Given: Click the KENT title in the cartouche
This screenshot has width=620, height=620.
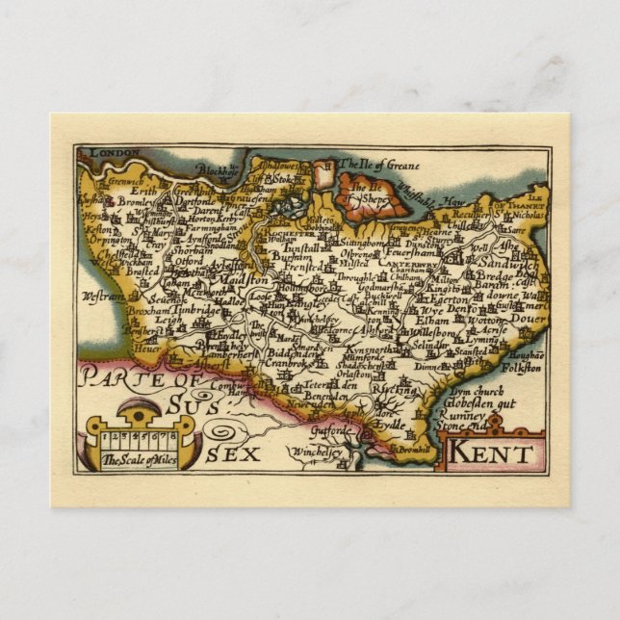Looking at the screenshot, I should pyautogui.click(x=491, y=452).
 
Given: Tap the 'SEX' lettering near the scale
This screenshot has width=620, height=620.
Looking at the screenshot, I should pyautogui.click(x=233, y=453).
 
